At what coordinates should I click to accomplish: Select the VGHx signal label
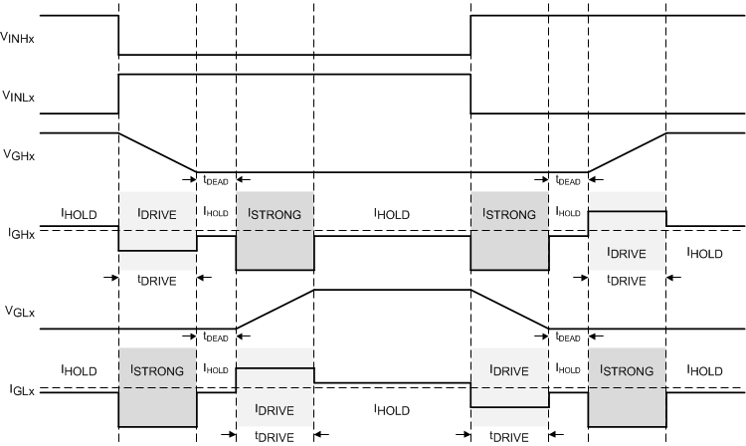(19, 153)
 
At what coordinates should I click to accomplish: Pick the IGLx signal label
(19, 391)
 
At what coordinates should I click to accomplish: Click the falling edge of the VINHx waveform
(118, 35)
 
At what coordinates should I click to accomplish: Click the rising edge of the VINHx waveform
(470, 35)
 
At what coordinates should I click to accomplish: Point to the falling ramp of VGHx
(157, 152)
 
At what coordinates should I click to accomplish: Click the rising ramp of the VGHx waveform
(628, 152)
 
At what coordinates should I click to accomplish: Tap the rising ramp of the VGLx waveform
(275, 309)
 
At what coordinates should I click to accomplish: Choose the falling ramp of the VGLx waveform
(509, 309)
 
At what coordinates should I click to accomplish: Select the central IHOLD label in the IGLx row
(392, 408)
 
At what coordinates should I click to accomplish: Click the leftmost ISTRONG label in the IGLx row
(157, 369)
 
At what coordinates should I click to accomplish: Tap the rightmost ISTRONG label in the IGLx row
(627, 369)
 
